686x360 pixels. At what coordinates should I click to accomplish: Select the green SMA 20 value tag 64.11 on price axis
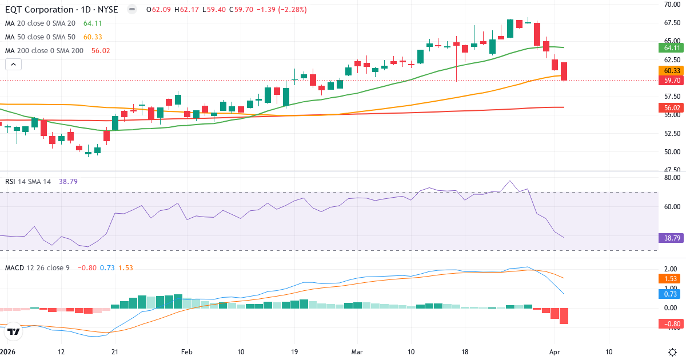pyautogui.click(x=669, y=47)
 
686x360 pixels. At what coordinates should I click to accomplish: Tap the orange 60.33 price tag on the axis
pyautogui.click(x=669, y=70)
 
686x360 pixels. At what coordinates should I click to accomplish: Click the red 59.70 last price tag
pyautogui.click(x=669, y=81)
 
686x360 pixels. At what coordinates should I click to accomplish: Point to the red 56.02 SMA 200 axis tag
pyautogui.click(x=669, y=107)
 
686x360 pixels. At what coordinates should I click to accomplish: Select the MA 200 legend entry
pyautogui.click(x=45, y=51)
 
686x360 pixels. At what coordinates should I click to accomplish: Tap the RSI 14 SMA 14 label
pyautogui.click(x=28, y=181)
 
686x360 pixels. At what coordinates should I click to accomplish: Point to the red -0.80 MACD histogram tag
pyautogui.click(x=669, y=324)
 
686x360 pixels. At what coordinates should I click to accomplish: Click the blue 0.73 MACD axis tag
pyautogui.click(x=669, y=294)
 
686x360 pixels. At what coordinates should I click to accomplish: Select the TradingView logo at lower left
pyautogui.click(x=14, y=331)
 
